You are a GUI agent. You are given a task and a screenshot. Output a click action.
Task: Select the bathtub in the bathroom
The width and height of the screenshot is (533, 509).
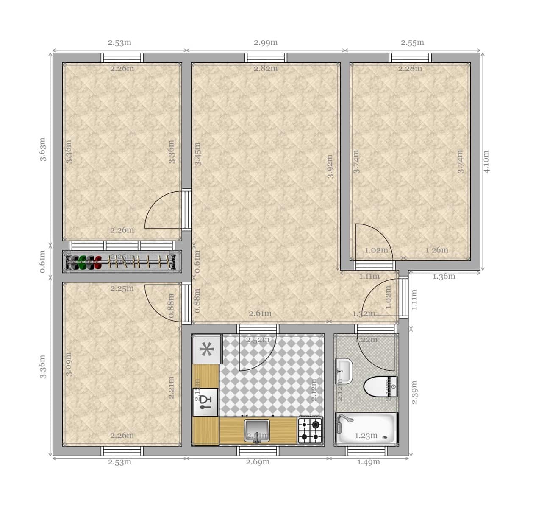click(x=366, y=429)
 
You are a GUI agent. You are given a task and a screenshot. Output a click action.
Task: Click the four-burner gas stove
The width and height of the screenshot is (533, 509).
click(x=310, y=430)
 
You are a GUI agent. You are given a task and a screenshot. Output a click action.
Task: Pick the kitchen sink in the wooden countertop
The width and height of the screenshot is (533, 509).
click(x=257, y=430)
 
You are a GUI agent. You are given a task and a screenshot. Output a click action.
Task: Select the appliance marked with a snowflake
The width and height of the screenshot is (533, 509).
click(x=207, y=350)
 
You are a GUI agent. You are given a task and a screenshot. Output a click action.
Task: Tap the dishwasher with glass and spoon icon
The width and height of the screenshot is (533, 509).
click(x=205, y=402)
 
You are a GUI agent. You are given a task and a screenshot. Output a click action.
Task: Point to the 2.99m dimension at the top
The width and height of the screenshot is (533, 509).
click(x=266, y=42)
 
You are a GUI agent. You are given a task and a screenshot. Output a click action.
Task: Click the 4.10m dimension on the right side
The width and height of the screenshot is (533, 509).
click(x=486, y=162)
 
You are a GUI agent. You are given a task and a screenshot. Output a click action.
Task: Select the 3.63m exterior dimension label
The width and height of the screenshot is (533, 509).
click(x=43, y=149)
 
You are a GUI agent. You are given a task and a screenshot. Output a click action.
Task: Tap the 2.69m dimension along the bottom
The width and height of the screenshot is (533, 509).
click(x=258, y=462)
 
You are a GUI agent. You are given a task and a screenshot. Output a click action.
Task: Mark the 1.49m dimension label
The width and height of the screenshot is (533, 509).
click(x=368, y=462)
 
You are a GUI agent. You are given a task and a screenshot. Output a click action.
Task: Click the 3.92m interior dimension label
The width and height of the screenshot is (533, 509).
click(x=330, y=166)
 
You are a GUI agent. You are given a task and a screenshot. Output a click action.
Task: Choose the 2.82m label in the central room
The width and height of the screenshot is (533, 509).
click(x=266, y=69)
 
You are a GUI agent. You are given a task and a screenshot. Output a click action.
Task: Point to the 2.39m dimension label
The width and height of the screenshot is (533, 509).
click(x=414, y=392)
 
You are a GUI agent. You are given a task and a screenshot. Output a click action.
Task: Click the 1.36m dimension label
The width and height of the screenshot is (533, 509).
click(x=444, y=277)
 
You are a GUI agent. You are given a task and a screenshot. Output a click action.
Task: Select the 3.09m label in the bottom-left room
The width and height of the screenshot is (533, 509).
click(x=69, y=364)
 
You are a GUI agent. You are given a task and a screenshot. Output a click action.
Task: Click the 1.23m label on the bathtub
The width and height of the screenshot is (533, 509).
click(x=366, y=436)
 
